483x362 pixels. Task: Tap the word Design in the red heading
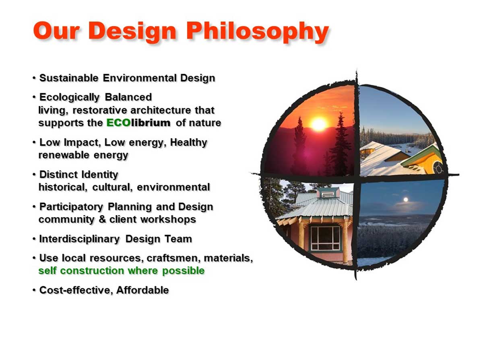coord(132,31)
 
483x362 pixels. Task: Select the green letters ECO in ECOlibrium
coord(119,123)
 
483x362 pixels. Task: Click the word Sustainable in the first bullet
coord(69,78)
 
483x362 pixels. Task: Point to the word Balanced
coord(128,97)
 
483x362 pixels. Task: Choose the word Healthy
coord(189,142)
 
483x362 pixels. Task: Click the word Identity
coord(100,175)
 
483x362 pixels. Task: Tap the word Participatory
coord(71,207)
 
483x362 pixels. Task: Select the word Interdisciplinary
coord(79,239)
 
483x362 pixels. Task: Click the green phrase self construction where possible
coord(122,271)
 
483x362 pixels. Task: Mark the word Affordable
coord(142,290)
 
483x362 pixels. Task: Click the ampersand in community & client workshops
coord(102,219)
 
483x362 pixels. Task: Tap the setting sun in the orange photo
coord(318,125)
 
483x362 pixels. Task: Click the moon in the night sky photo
coord(406,200)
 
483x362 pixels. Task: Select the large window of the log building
coord(325,238)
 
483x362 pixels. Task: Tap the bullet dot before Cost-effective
coord(34,290)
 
